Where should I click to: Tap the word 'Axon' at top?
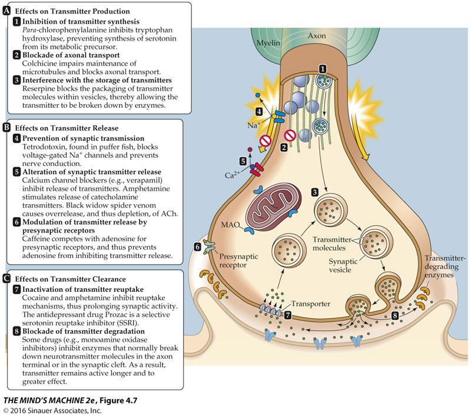317,35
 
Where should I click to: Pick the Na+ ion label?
254,125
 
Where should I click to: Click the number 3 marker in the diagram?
316,191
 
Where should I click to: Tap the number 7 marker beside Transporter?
288,315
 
